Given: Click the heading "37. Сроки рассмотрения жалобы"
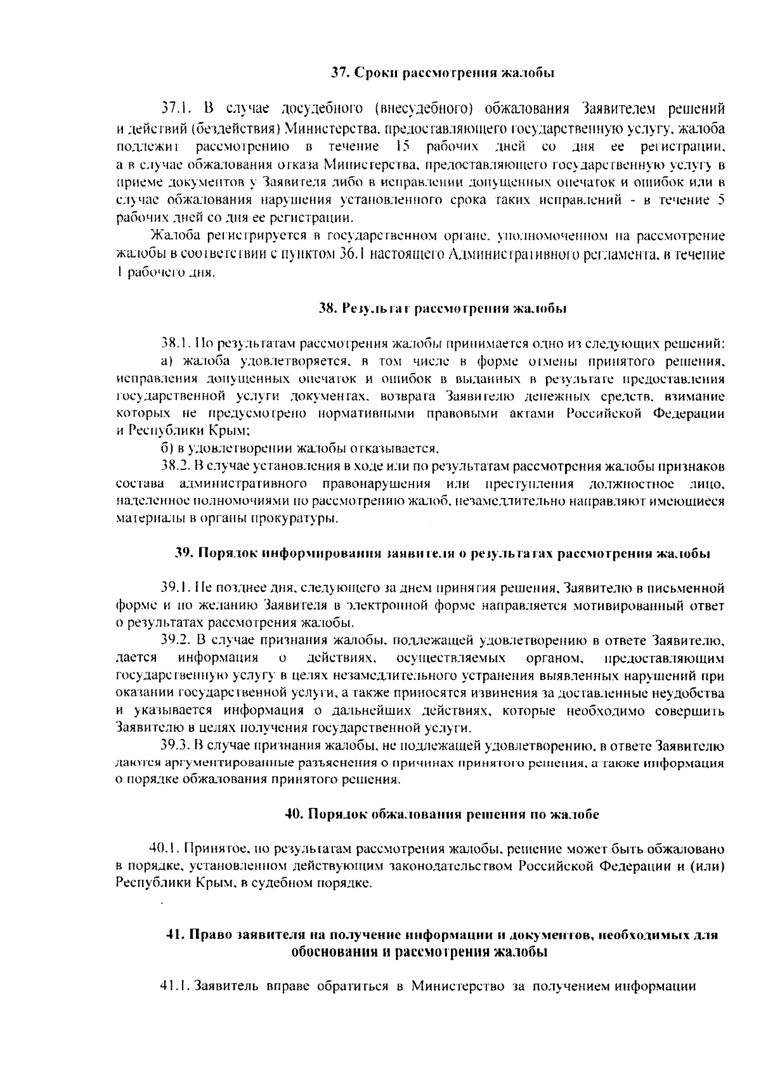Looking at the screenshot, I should (443, 72).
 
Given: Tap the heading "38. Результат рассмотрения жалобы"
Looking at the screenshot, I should (442, 309).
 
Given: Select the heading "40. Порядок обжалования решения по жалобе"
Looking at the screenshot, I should (442, 814).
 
